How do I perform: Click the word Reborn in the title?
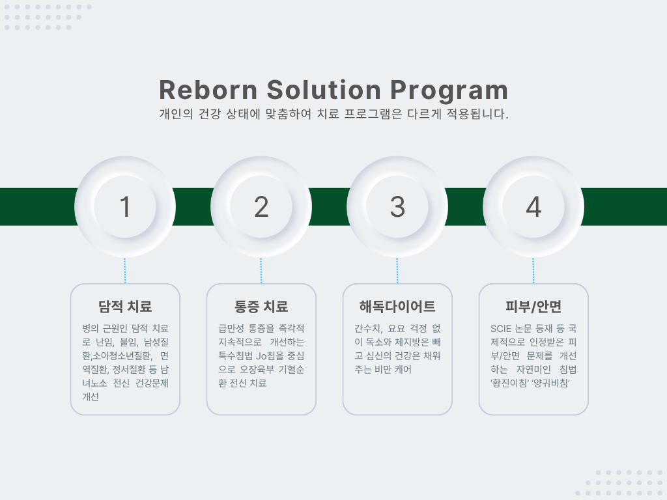click(208, 90)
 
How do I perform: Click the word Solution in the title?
click(324, 90)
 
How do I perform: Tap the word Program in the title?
click(449, 91)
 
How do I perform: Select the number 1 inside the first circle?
click(124, 206)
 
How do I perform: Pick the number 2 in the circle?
click(261, 206)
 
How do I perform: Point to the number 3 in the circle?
click(397, 206)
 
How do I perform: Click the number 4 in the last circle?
click(533, 206)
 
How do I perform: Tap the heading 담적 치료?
click(124, 307)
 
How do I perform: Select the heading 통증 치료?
click(261, 307)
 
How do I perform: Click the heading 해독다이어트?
click(397, 307)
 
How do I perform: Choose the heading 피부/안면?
click(533, 307)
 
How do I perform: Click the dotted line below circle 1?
click(124, 270)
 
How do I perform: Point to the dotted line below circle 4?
click(533, 270)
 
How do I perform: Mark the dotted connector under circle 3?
click(397, 270)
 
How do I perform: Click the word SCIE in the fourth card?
click(501, 329)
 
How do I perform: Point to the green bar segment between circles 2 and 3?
click(329, 206)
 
